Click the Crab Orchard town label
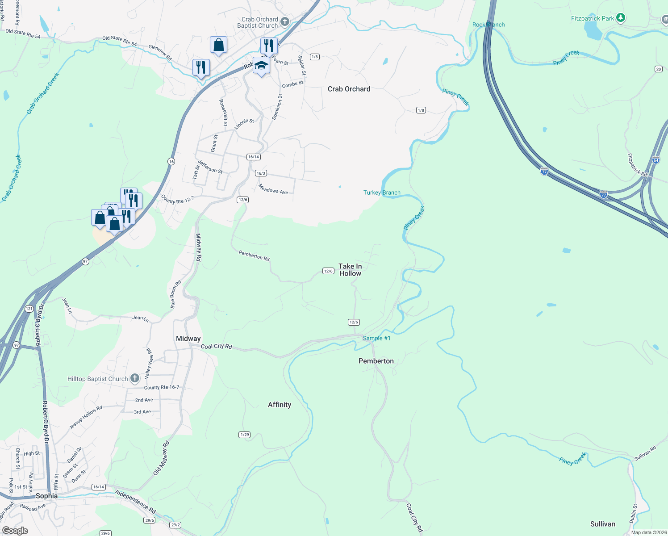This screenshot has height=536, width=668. coord(349,89)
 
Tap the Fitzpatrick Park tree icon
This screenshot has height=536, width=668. coord(620,18)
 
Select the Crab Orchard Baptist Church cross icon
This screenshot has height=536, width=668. coord(285,22)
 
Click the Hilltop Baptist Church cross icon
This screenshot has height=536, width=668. coord(134,379)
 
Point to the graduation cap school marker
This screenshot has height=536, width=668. coord(261,66)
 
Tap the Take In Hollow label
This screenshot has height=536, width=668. coord(350,270)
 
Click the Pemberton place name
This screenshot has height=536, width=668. coord(376,361)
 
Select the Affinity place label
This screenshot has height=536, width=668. coord(280,405)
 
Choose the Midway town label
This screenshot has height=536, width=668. coord(188,339)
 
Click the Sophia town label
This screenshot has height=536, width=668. coord(46,496)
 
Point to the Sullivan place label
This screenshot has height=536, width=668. coord(602,524)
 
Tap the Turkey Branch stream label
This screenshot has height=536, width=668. coord(382,193)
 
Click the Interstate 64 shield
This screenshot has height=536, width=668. coord(655,159)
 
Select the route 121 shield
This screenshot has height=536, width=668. coord(29,309)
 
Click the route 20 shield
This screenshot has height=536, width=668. coord(659,69)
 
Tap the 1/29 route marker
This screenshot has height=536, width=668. coord(244,435)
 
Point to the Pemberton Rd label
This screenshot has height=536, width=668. coord(254,255)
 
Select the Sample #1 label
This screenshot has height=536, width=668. coord(376,338)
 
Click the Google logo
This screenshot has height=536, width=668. coord(15,530)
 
